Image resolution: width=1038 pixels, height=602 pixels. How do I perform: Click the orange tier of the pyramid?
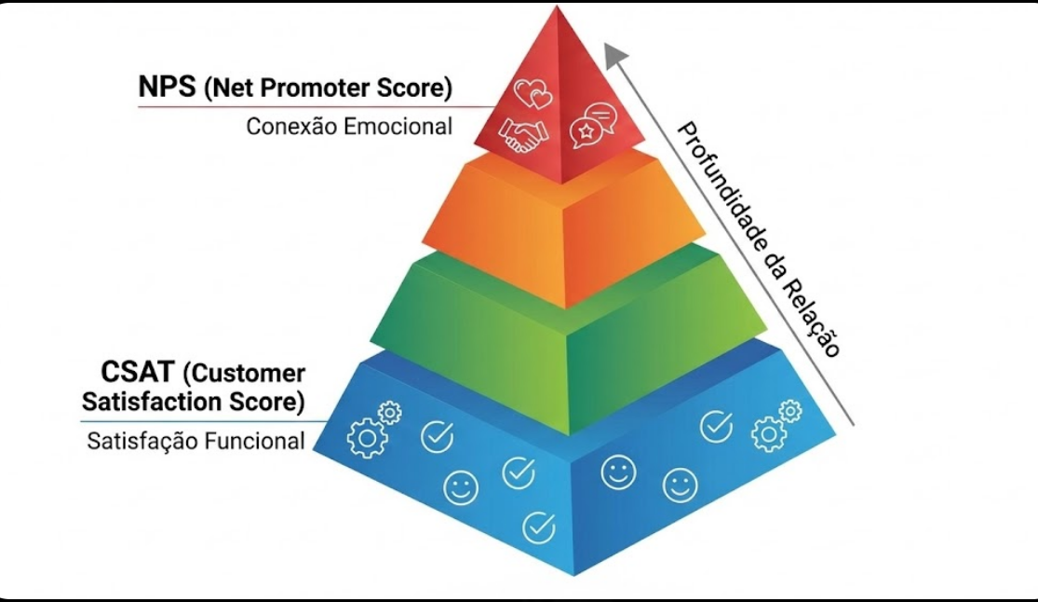[563, 228]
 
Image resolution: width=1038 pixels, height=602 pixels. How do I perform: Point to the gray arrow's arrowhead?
[615, 55]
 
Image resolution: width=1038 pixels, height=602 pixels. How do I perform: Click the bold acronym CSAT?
[138, 374]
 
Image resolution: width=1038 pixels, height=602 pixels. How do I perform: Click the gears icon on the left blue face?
[371, 430]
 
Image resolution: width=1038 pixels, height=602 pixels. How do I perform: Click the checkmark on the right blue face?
[715, 425]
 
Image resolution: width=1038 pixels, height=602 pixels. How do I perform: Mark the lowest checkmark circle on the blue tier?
[538, 527]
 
